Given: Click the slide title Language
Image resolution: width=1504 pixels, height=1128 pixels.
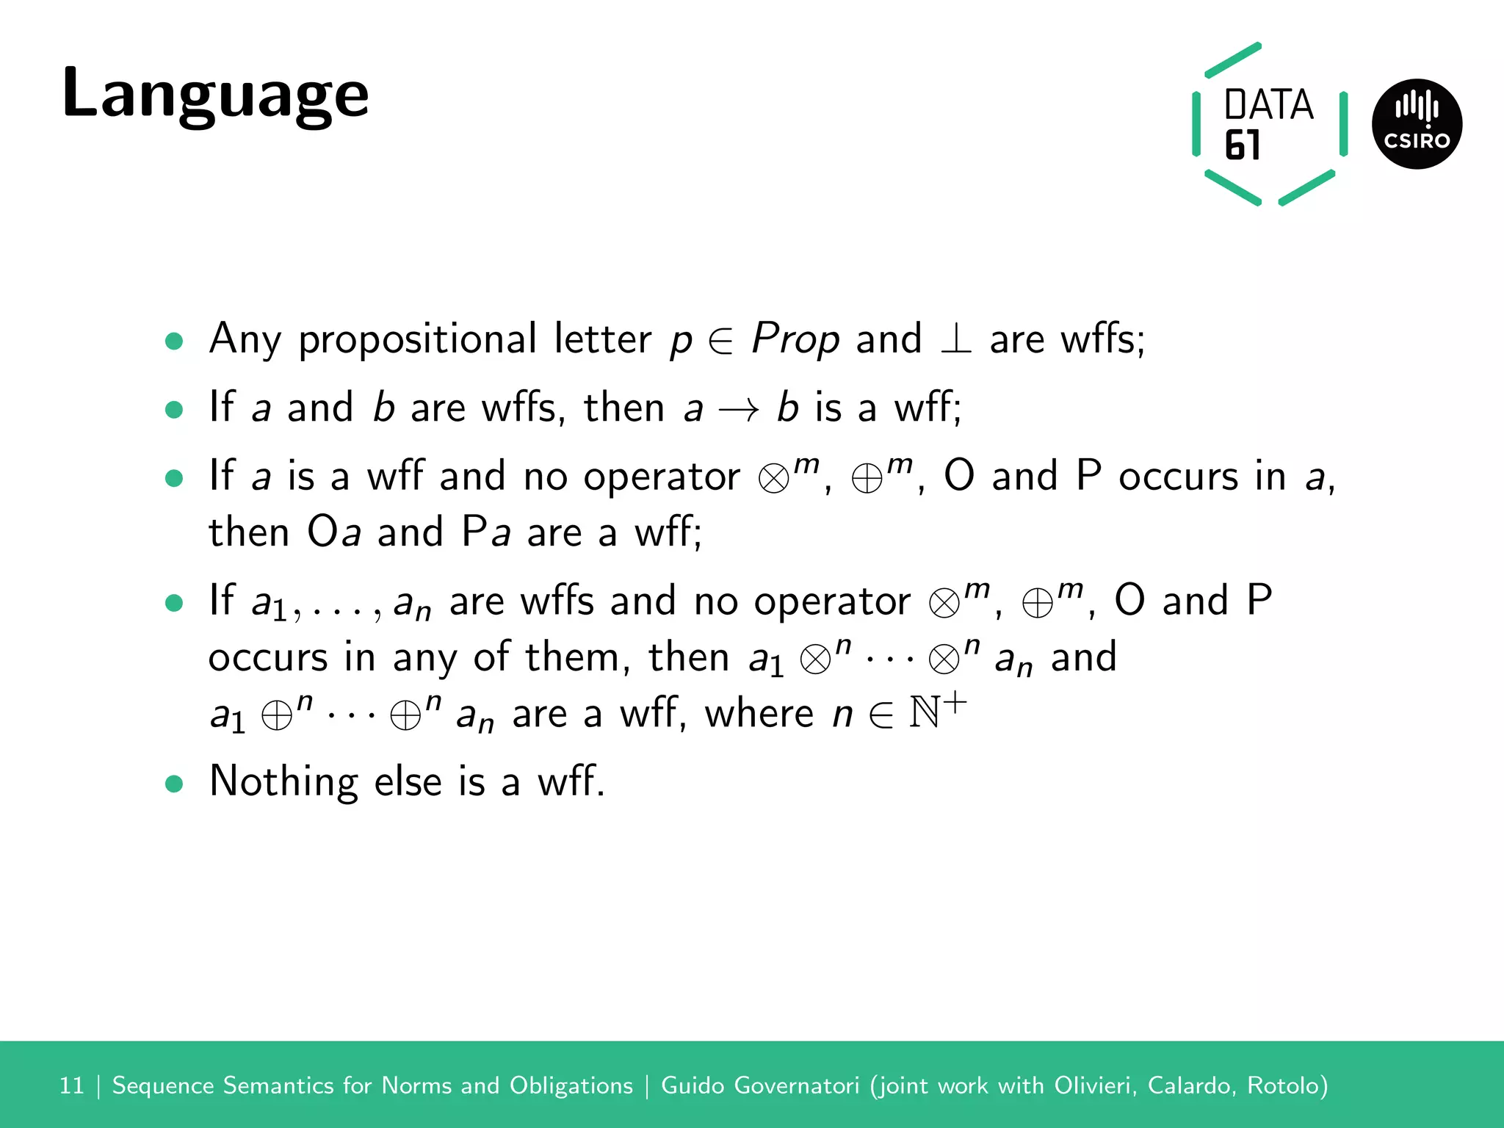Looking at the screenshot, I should (x=215, y=94).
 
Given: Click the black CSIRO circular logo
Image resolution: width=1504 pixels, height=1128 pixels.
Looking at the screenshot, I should (x=1417, y=124).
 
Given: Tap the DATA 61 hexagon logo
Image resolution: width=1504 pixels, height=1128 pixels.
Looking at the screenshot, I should (x=1268, y=124).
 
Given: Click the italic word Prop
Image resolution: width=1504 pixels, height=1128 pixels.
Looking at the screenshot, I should (x=795, y=340).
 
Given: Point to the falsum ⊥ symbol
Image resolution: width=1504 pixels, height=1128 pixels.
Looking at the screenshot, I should (x=955, y=340).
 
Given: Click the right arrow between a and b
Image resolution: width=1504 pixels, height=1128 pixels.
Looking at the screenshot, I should (x=739, y=409).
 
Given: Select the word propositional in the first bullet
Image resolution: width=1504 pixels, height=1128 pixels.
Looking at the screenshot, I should (x=417, y=340).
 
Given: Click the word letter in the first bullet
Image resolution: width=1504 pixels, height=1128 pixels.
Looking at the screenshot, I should (x=602, y=340).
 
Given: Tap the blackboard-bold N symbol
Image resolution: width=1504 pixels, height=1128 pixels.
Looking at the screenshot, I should (x=925, y=712).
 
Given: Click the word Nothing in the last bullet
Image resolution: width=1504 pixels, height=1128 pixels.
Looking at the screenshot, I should (x=283, y=781).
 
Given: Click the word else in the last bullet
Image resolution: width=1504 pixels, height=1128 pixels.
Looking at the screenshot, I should (x=408, y=781).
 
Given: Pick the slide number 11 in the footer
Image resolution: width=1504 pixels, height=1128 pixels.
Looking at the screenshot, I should (x=72, y=1085).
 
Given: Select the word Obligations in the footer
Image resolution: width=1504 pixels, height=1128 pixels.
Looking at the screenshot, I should (x=571, y=1085).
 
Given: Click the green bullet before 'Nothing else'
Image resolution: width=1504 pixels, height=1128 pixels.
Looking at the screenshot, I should (x=174, y=784).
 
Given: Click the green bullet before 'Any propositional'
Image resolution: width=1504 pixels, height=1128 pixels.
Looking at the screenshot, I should (x=174, y=341).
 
